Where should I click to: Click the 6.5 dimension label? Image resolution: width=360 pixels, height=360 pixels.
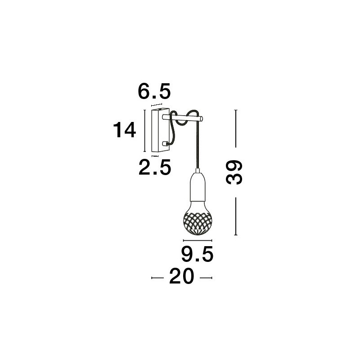[x=154, y=91]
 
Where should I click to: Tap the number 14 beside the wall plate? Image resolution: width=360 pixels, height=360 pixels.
[x=125, y=130]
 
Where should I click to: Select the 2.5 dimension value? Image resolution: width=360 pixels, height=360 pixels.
[x=155, y=167]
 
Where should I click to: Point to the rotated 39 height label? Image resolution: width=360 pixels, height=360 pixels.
[x=234, y=172]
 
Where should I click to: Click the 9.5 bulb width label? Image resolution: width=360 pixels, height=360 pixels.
[x=198, y=254]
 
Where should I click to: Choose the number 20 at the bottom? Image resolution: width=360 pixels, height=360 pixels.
[x=182, y=276]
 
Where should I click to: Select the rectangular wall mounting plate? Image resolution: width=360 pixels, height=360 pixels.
[x=161, y=130]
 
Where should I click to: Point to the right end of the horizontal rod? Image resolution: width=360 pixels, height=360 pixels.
[x=202, y=119]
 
